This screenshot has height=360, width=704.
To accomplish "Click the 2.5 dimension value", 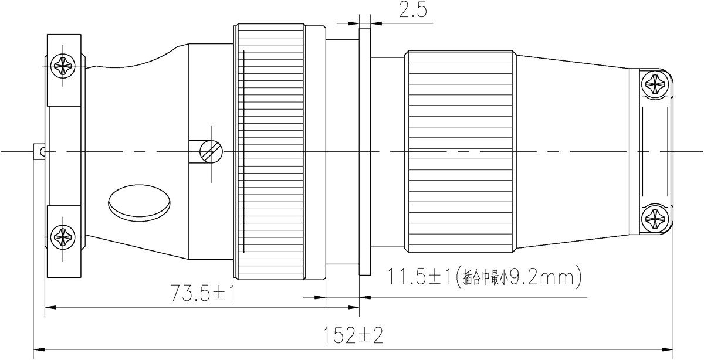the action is pyautogui.click(x=412, y=11).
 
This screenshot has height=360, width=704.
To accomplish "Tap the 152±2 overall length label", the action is pyautogui.click(x=354, y=336).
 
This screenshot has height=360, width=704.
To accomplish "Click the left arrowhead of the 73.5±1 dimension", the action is pyautogui.click(x=50, y=306).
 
